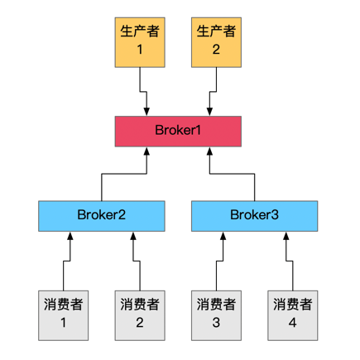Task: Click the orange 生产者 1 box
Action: pyautogui.click(x=140, y=42)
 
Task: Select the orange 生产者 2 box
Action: pyautogui.click(x=216, y=42)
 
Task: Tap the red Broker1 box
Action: pyautogui.click(x=178, y=132)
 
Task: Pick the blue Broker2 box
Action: pyautogui.click(x=102, y=216)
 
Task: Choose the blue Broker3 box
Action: pyautogui.click(x=254, y=216)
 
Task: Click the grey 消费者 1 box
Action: pyautogui.click(x=64, y=315)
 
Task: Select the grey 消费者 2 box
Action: pyautogui.click(x=140, y=315)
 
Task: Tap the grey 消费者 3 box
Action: pyautogui.click(x=216, y=315)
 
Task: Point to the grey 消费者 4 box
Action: pyautogui.click(x=293, y=315)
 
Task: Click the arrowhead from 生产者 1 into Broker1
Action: pyautogui.click(x=146, y=112)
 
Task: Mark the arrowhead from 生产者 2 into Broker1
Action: pyautogui.click(x=209, y=112)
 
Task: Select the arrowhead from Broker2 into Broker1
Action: pyautogui.click(x=146, y=151)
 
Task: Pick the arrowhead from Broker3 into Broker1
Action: pyautogui.click(x=209, y=151)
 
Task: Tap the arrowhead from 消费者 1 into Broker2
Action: pyautogui.click(x=70, y=236)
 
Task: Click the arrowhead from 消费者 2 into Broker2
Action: pyautogui.click(x=133, y=236)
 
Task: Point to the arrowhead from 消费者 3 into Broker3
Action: pyautogui.click(x=223, y=236)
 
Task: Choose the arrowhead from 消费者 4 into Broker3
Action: pyautogui.click(x=286, y=236)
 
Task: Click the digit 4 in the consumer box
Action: pyautogui.click(x=293, y=323)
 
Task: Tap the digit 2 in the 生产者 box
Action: pyautogui.click(x=216, y=50)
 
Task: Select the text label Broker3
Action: pyautogui.click(x=254, y=215)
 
